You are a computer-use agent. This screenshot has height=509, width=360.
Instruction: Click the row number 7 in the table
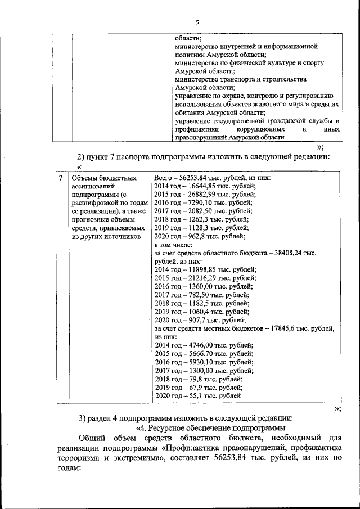tap(61, 178)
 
